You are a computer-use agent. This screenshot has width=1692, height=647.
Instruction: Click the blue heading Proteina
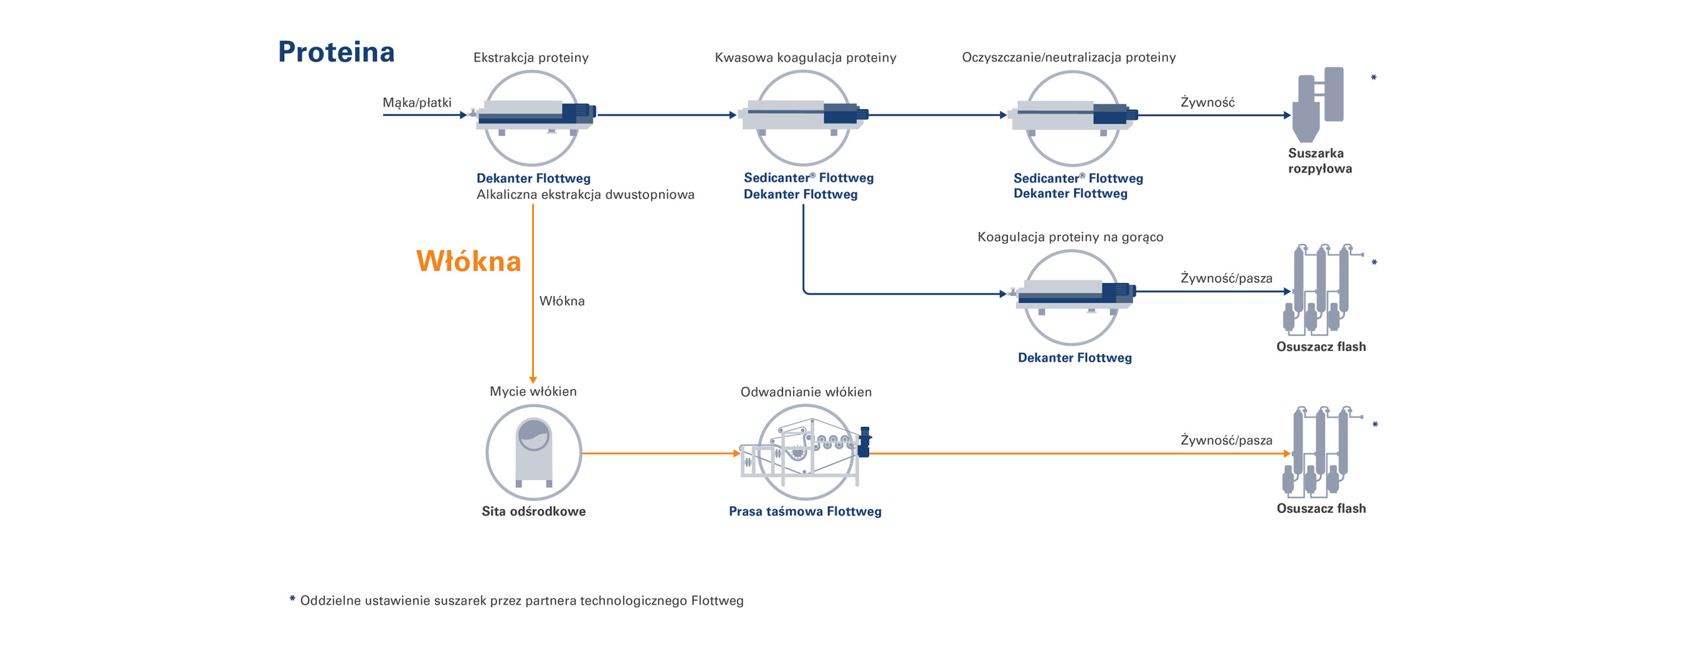tap(336, 52)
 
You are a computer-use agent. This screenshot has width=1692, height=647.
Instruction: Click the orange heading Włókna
tap(468, 261)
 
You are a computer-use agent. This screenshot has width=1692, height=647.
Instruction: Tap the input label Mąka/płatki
tap(416, 102)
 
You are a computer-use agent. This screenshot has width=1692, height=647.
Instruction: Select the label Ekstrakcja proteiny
tap(531, 57)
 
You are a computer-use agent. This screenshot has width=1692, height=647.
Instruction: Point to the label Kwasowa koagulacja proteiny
tap(805, 57)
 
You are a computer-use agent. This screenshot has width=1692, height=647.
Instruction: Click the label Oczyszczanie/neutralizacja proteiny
tap(1068, 57)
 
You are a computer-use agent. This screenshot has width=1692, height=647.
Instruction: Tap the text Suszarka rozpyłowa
tap(1319, 161)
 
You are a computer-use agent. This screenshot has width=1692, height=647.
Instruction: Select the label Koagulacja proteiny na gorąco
tap(1069, 237)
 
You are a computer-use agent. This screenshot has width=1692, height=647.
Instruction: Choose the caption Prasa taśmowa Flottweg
tap(804, 511)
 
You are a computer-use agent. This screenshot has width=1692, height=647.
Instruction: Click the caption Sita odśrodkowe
tap(533, 511)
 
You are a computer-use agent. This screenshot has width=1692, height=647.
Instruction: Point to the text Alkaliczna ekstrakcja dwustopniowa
tap(585, 194)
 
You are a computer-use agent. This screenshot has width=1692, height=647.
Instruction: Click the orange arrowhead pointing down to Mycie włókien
tap(533, 380)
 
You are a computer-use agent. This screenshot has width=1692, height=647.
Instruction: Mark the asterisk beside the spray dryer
tap(1373, 79)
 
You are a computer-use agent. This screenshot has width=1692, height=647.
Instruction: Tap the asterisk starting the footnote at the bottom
tap(291, 599)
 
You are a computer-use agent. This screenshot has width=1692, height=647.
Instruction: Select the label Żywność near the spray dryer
tap(1207, 102)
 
